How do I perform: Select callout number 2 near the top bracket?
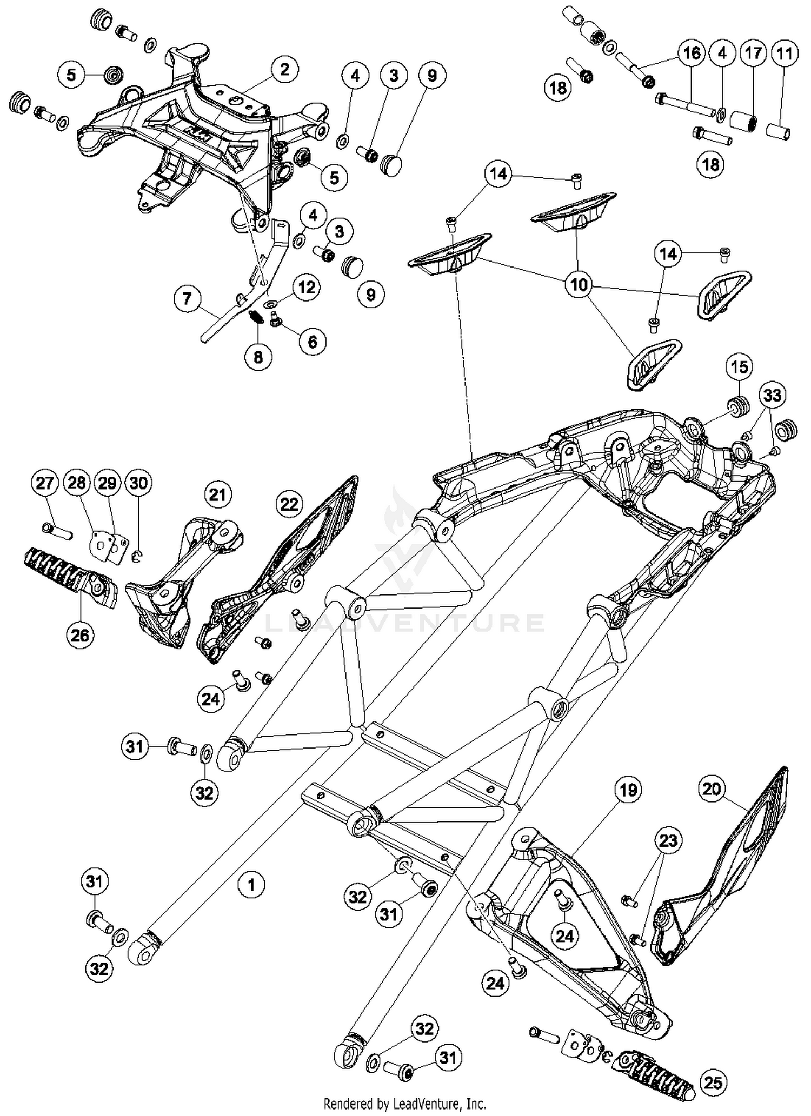285,70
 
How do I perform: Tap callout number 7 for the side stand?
188,298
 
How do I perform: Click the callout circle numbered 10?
579,284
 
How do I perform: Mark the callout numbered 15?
739,367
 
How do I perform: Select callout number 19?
628,790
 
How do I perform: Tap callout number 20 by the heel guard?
712,789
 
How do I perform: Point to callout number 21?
218,494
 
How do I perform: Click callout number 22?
289,504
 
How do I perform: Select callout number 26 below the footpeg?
80,635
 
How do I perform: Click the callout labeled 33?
772,395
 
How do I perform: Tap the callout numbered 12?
307,287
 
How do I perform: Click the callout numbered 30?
138,483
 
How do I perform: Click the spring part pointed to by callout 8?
256,317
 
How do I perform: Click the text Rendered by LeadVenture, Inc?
405,1102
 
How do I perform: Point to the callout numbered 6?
313,342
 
